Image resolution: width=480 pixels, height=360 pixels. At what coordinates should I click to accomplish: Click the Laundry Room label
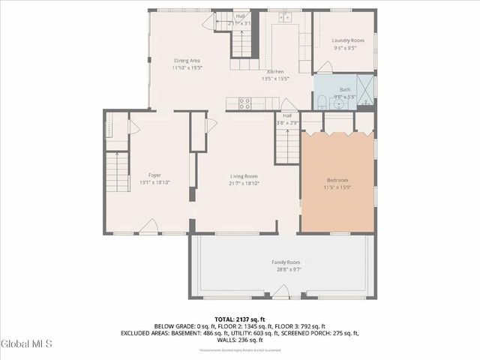pos(347,40)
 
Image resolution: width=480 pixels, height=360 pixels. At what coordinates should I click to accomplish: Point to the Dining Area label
pos(187,60)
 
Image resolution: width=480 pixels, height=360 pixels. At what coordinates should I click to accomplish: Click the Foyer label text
pos(154,175)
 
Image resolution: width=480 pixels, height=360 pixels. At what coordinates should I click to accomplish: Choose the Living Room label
pos(244,175)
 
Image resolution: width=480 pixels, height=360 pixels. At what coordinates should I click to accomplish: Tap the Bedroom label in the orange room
pos(337,180)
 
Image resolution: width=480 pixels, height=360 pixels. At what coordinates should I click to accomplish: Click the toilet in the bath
pos(321,101)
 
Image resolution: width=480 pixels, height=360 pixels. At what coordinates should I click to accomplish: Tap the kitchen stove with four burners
pos(244,103)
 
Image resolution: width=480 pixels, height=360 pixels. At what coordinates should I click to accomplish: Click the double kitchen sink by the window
pos(284,17)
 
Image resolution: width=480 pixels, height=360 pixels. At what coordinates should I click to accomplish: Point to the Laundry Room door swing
pos(323,67)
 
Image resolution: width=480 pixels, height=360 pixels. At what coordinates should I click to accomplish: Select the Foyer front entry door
pos(150,226)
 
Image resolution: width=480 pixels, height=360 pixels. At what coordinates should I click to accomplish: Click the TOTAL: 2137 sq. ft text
pos(239,319)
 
